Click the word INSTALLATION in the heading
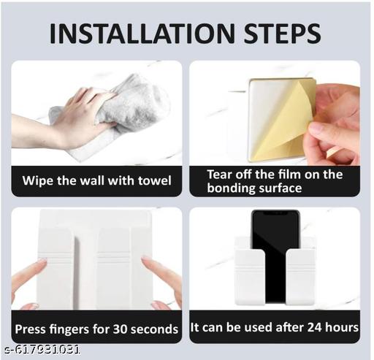(x=142, y=34)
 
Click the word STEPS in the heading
(x=282, y=34)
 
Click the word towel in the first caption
(x=155, y=180)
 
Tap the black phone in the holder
(x=275, y=256)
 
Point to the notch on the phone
(x=275, y=212)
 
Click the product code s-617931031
(x=42, y=350)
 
